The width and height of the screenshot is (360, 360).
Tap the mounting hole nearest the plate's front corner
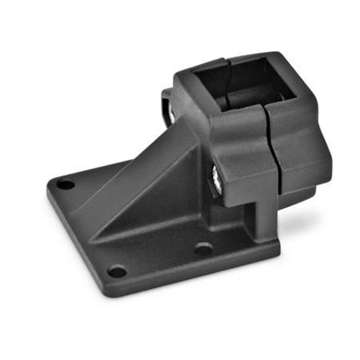[115, 270]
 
